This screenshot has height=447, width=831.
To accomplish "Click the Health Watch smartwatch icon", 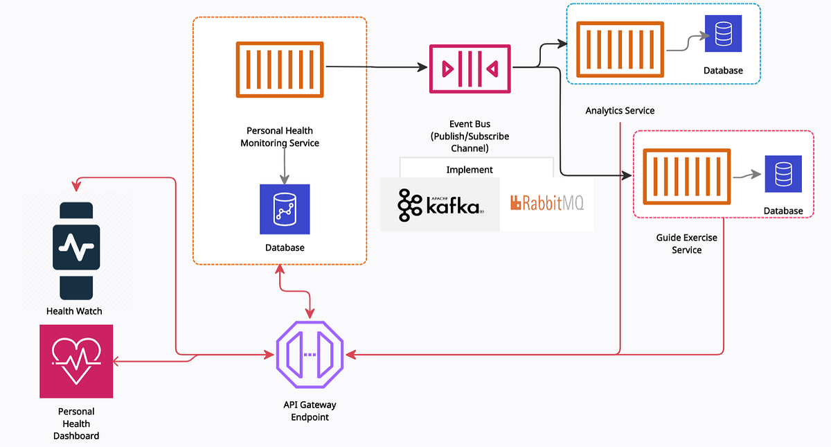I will coord(76,250).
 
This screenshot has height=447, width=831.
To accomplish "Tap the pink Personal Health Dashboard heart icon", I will coord(76,361).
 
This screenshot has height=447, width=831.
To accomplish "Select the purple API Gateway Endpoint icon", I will coord(310,355).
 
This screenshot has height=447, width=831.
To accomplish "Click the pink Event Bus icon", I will coord(470,68).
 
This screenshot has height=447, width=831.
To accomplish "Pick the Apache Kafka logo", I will coord(440,204).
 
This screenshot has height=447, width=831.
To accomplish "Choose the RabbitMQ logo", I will coord(546,203).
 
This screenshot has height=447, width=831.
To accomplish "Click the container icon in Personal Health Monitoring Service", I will coord(280,70).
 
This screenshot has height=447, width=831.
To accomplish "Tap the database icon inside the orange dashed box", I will coord(285,209).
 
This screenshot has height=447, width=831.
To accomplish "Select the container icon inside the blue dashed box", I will coord(621,50).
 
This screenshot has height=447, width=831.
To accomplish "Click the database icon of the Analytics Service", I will coord(723,33).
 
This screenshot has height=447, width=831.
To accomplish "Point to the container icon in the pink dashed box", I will coord(686,177).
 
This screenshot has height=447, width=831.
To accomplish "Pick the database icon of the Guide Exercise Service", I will coord(783,174).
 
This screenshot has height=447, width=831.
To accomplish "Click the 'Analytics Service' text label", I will coord(620,111).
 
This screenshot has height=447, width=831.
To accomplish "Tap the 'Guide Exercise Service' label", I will coord(686,244).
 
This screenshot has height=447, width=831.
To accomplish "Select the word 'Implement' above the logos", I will coord(470,169).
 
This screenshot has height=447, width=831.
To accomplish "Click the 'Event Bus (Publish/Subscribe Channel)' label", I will coord(470,137).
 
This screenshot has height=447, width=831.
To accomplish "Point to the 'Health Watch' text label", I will coord(74,311).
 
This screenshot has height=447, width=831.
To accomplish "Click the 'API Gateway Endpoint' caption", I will coord(310,411).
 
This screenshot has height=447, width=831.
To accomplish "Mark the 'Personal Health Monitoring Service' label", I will coord(280,137).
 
